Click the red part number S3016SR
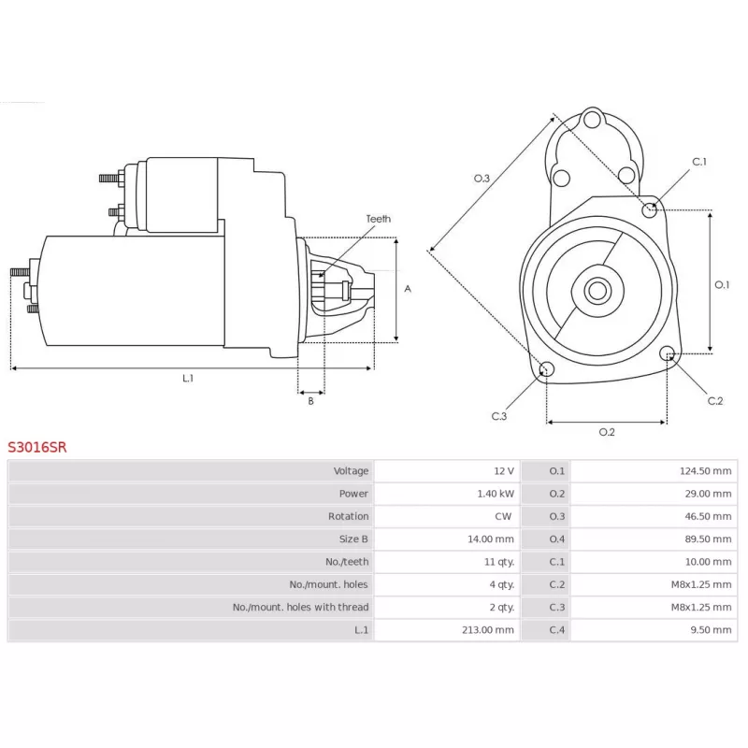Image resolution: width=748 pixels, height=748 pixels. [x=37, y=447]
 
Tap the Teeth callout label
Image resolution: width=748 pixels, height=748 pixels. [x=379, y=219]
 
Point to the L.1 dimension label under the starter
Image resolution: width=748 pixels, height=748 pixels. [x=188, y=379]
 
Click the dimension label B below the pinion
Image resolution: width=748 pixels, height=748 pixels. [x=311, y=401]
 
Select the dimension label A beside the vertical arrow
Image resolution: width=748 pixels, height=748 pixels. [x=408, y=289]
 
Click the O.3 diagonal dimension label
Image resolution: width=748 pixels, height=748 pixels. [x=482, y=179]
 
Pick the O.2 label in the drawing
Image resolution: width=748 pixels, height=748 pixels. [x=607, y=432]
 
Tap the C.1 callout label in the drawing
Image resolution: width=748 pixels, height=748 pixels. [x=699, y=162]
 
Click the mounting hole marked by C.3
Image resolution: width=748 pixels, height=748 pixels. [x=546, y=368]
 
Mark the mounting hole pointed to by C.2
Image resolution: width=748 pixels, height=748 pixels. [x=668, y=353]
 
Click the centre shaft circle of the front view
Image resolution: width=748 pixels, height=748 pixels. [x=597, y=290]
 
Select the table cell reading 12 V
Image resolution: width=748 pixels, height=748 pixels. [x=504, y=471]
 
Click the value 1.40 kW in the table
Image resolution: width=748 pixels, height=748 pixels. [x=496, y=494]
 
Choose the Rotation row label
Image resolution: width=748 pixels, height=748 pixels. [x=348, y=516]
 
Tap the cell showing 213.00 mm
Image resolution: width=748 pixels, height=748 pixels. [x=488, y=629]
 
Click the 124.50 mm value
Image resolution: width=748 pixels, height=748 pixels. [x=706, y=471]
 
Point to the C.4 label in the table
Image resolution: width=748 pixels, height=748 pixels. [x=556, y=629]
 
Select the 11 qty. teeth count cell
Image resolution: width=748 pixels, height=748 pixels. [x=499, y=562]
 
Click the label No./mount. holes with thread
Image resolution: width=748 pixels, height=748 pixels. [x=300, y=607]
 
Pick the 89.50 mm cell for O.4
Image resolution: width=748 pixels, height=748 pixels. [x=709, y=539]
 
